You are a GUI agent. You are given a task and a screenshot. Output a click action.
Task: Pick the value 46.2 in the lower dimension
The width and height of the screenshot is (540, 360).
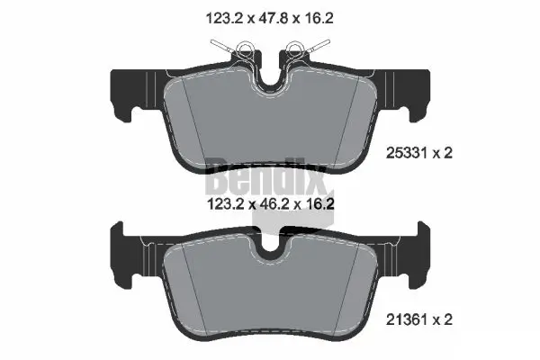tap(269, 205)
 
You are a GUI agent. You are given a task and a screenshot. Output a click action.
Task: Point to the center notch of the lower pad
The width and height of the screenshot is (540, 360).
tap(269, 245)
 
